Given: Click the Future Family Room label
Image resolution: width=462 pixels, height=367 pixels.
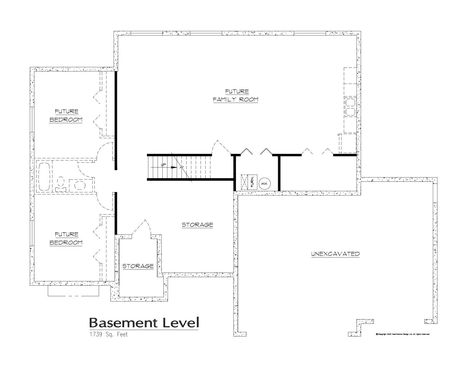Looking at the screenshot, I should (x=235, y=95).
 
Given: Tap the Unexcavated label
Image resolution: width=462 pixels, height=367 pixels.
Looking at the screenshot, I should (x=335, y=254).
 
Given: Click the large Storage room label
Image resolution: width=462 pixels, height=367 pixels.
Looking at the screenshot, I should (x=197, y=225).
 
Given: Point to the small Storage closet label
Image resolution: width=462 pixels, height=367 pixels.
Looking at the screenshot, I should (x=138, y=266).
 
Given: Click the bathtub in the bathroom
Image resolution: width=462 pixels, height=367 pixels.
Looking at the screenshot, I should (x=44, y=176).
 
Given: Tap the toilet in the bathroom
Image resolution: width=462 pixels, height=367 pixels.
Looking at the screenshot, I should (x=61, y=183).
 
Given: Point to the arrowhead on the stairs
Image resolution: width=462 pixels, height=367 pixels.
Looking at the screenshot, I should (x=174, y=168).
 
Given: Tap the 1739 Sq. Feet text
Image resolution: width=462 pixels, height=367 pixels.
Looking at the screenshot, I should (x=108, y=335).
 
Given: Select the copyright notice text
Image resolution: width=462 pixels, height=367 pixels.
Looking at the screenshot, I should (x=402, y=334).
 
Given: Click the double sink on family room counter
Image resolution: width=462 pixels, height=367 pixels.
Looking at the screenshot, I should (x=350, y=107).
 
